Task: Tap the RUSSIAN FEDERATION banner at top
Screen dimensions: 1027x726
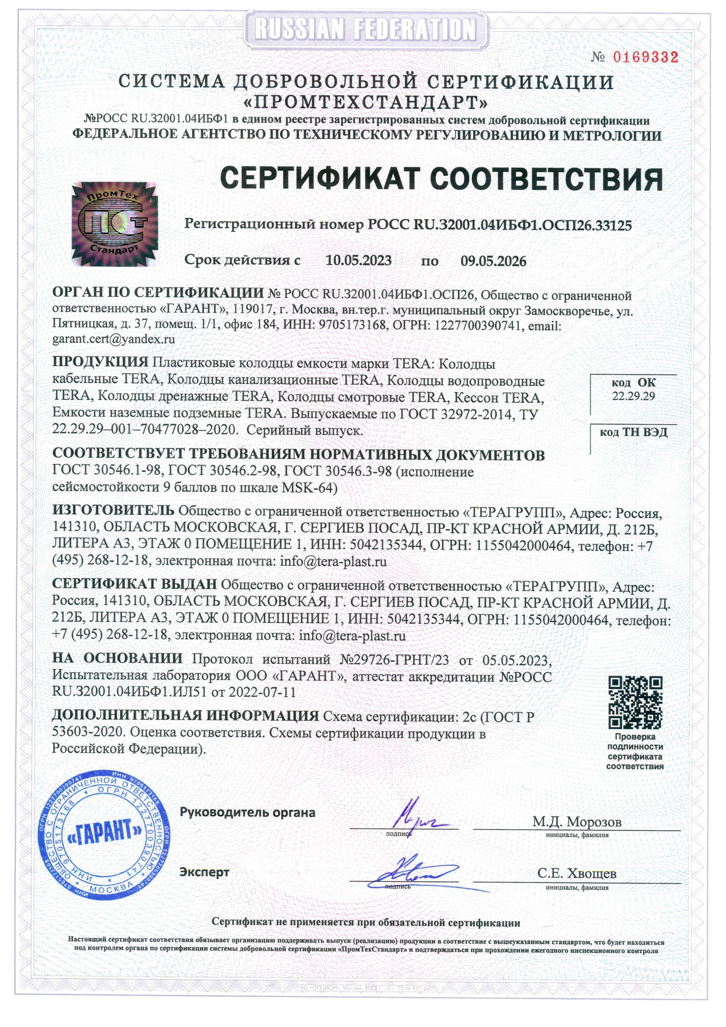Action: pyautogui.click(x=365, y=29)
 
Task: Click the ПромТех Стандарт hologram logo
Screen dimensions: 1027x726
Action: pyautogui.click(x=114, y=224)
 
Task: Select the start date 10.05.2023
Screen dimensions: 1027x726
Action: pyautogui.click(x=358, y=260)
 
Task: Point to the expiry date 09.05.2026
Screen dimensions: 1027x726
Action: pyautogui.click(x=493, y=261)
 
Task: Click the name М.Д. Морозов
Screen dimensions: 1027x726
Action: pyautogui.click(x=576, y=822)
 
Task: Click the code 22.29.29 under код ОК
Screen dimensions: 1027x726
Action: pyautogui.click(x=633, y=396)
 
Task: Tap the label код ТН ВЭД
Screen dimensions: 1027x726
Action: pyautogui.click(x=633, y=432)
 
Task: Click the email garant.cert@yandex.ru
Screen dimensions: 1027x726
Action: pyautogui.click(x=114, y=339)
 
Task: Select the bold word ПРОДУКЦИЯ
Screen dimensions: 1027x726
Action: pyautogui.click(x=100, y=362)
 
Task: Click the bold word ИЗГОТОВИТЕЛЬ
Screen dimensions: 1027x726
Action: pyautogui.click(x=113, y=510)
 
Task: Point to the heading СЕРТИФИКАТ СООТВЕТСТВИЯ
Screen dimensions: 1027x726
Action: pyautogui.click(x=441, y=179)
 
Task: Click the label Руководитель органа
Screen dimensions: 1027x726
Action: pyautogui.click(x=247, y=812)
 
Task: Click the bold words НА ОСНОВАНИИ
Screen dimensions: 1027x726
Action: pyautogui.click(x=117, y=658)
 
